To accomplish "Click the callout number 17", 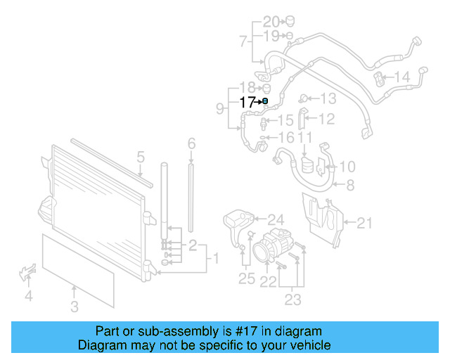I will (247, 102).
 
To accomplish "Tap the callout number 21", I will (364, 224).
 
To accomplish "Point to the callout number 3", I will (75, 306).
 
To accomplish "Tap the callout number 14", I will (401, 77).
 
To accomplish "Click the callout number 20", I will (271, 21).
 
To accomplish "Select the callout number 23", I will (292, 300).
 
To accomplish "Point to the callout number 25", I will (246, 278).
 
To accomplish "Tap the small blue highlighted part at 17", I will (264, 102).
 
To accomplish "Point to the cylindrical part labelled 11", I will (306, 167).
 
